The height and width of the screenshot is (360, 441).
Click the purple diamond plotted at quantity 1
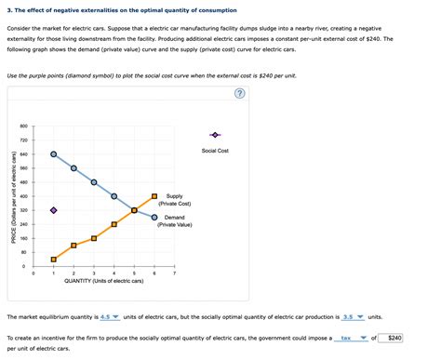pos(53,210)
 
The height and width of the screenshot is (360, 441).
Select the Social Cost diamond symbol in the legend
pos(215,136)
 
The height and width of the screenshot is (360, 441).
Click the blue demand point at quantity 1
pos(53,153)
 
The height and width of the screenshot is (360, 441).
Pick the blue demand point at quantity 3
pos(94,182)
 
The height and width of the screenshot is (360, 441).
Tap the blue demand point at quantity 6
pos(154,218)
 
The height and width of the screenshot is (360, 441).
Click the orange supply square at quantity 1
pos(53,260)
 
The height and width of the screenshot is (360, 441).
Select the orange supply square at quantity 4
pos(114,224)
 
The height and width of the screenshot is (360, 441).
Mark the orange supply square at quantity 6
pos(154,196)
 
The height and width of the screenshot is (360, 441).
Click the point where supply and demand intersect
pos(134,210)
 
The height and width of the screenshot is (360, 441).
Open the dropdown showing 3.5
pos(354,316)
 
